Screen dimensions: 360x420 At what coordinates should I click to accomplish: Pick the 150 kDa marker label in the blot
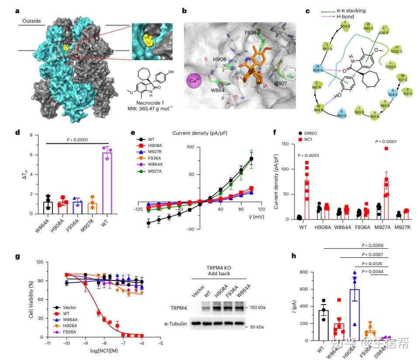pyautogui.click(x=256, y=308)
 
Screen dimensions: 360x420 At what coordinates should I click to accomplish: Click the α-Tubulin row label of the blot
pyautogui.click(x=175, y=323)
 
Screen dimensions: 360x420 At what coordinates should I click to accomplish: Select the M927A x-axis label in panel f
pyautogui.click(x=378, y=227)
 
